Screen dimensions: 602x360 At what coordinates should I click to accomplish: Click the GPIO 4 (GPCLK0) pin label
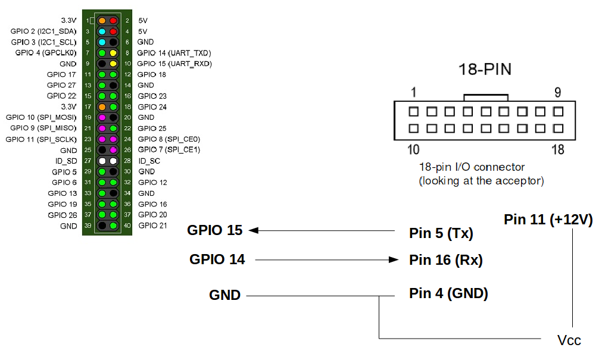tap(46, 52)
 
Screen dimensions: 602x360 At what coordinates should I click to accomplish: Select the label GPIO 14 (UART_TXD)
tap(174, 53)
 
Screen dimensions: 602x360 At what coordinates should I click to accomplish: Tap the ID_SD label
tap(66, 161)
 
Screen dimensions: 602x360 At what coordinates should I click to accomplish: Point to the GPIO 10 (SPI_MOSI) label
tap(41, 117)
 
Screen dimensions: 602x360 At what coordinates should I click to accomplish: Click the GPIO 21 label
tap(153, 226)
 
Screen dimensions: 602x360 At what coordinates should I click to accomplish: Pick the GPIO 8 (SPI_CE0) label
tap(169, 139)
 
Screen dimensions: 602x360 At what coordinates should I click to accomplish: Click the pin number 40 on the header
tap(127, 226)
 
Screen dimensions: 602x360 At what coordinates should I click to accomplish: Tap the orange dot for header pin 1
tap(102, 20)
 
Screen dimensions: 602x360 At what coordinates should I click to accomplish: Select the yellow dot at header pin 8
tap(113, 53)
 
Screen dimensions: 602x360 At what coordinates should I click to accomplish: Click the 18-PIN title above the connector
tap(485, 70)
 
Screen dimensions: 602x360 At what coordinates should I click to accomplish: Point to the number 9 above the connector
tap(557, 92)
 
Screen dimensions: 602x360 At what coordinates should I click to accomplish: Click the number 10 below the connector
tap(413, 149)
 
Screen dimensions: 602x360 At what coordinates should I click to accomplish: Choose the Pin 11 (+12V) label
tap(548, 220)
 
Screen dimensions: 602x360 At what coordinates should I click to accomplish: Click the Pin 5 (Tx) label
tap(441, 233)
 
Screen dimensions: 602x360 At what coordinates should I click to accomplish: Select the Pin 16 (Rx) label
tap(446, 260)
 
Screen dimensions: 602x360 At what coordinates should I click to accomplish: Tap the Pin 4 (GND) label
tap(448, 293)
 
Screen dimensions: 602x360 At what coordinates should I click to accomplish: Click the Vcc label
tap(569, 340)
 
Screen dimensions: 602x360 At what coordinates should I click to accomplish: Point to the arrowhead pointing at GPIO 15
tap(254, 230)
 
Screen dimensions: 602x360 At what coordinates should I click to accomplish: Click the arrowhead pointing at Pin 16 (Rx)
tap(394, 260)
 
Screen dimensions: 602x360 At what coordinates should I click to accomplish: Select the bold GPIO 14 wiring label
tap(217, 259)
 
